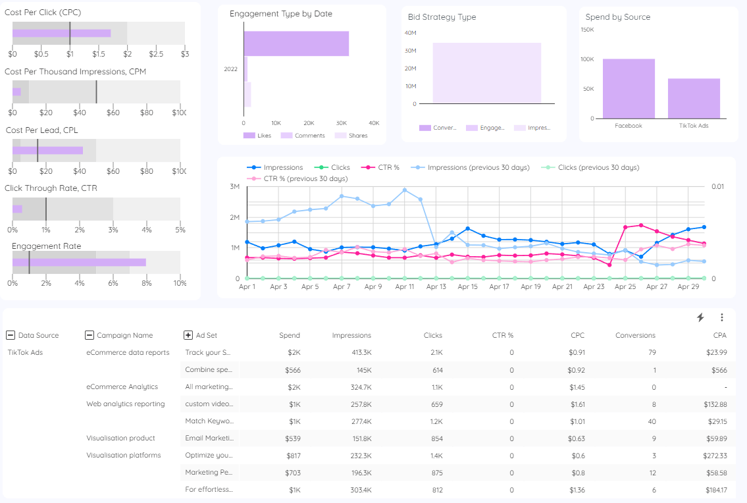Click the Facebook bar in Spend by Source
(629, 89)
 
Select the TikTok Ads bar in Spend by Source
(694, 99)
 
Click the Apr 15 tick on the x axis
(468, 287)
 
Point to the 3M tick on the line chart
(235, 187)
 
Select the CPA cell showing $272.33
(714, 455)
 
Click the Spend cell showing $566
(290, 369)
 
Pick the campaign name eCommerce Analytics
(122, 386)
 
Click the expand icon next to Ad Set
(188, 335)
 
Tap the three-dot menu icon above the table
(721, 317)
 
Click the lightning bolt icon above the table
(700, 317)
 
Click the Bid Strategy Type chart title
(442, 17)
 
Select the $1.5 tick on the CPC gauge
(99, 53)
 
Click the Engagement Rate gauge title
(46, 246)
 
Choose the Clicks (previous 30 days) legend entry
(598, 167)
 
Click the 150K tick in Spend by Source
(587, 30)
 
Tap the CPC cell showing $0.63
(576, 438)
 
